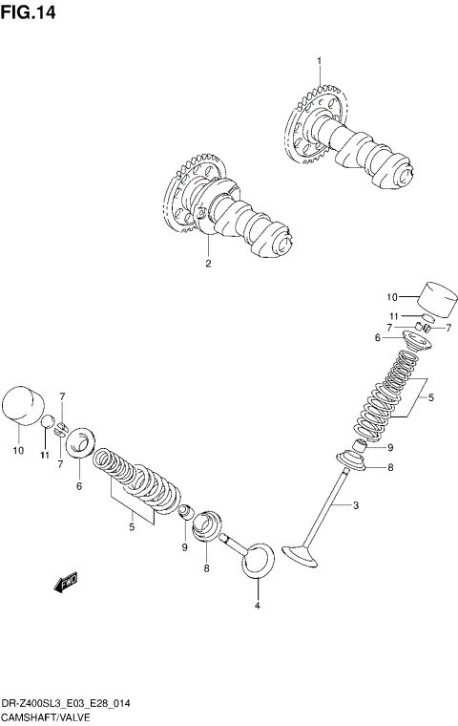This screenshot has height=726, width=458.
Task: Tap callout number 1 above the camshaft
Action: (319, 61)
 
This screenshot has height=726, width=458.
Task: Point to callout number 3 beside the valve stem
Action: (355, 504)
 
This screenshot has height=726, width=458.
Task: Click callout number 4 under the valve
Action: (256, 606)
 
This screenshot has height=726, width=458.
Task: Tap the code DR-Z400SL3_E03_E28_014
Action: (66, 702)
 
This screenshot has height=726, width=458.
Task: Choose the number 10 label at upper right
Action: (390, 296)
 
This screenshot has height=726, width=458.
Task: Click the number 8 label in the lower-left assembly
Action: (205, 567)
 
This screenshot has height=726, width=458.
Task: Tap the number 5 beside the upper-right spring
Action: (430, 396)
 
